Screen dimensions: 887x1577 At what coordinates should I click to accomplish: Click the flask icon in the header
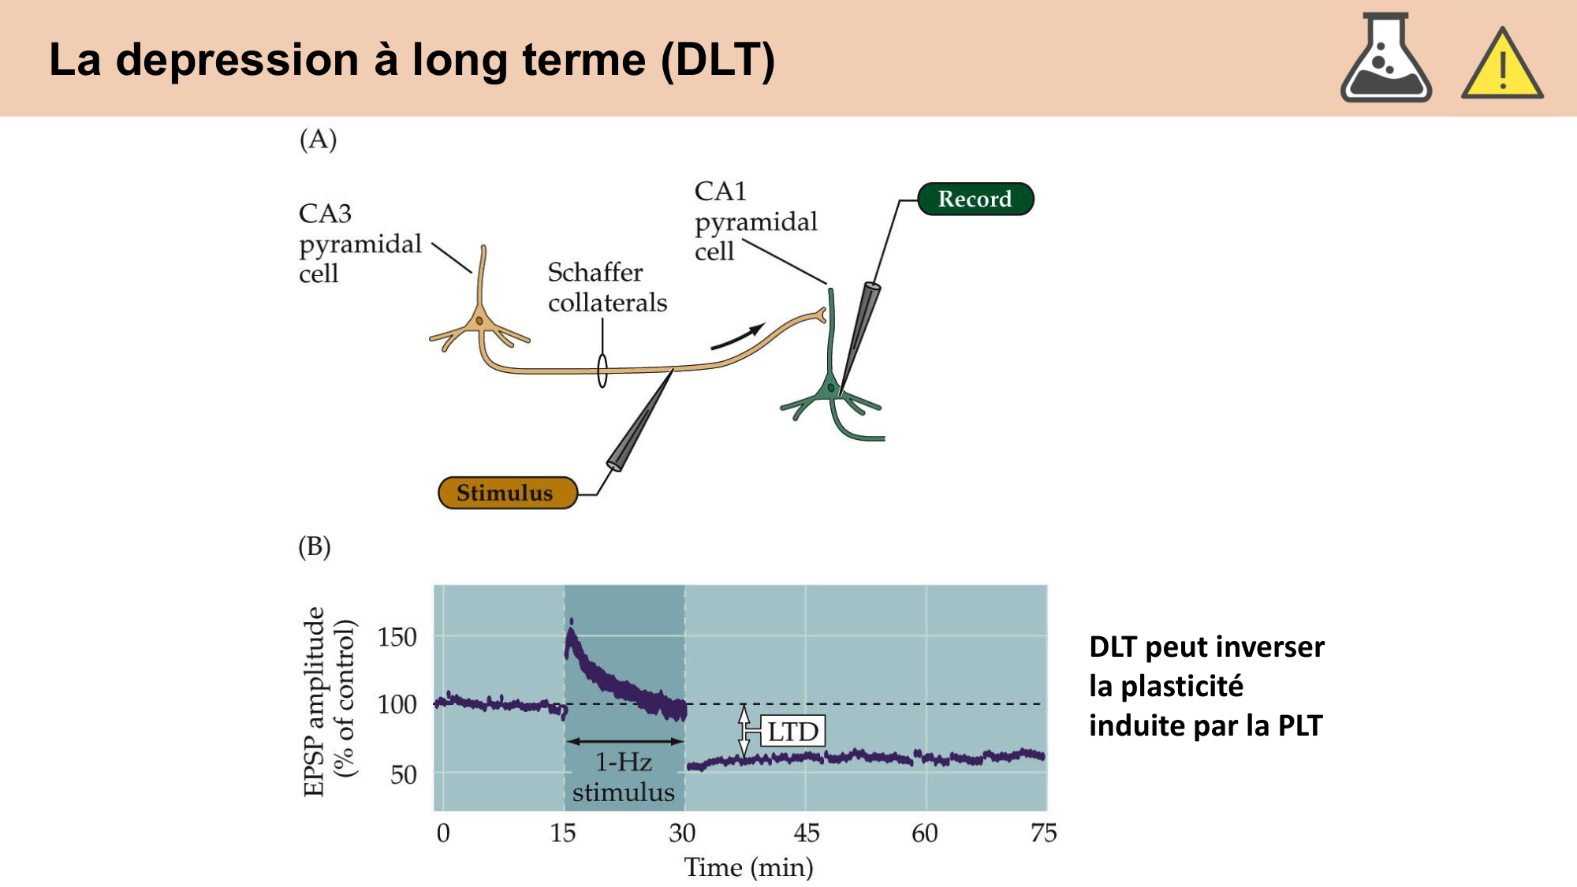[x=1385, y=59]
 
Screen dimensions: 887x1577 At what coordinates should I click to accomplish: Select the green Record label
[x=975, y=199]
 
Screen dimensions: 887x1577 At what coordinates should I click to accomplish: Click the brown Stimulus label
[x=506, y=493]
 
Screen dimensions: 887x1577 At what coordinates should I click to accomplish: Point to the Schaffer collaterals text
[x=606, y=287]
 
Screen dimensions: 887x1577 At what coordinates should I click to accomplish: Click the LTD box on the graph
[x=792, y=732]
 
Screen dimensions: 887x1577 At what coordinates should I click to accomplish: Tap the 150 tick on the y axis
[x=397, y=637]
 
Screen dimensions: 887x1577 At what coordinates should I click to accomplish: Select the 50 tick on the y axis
[x=403, y=775]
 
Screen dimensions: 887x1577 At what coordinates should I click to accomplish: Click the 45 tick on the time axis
[x=806, y=833]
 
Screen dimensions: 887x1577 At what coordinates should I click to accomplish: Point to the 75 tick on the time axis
[x=1043, y=833]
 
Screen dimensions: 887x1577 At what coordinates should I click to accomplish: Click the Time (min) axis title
[x=748, y=867]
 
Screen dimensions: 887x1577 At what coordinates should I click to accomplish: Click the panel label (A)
[x=318, y=140]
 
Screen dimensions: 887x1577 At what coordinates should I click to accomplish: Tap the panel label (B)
[x=315, y=546]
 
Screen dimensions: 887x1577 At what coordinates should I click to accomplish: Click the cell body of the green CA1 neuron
[x=830, y=389]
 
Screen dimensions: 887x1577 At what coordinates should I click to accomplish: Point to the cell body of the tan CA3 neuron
[x=479, y=322]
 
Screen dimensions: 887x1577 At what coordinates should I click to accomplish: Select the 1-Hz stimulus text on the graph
[x=623, y=777]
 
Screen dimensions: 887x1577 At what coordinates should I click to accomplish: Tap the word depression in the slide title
[x=237, y=60]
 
